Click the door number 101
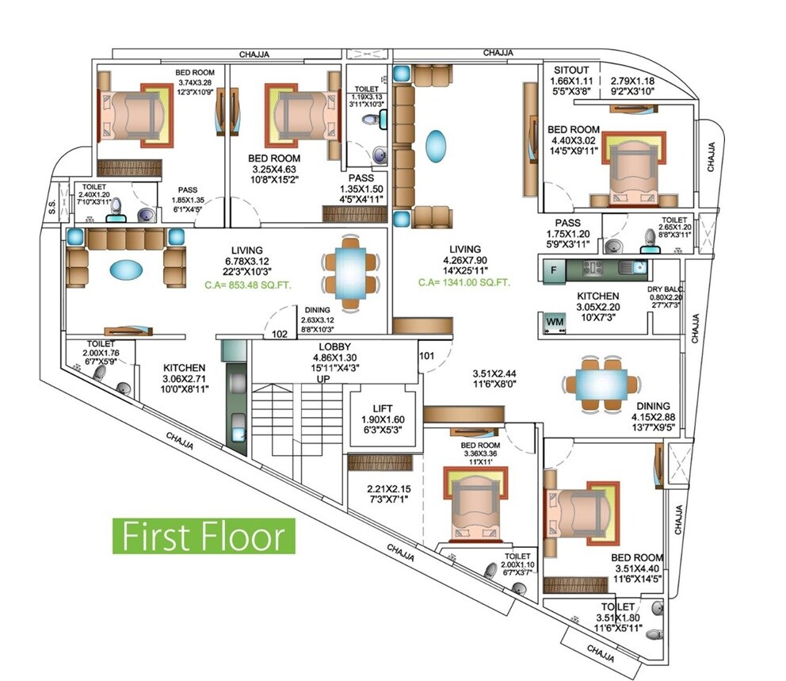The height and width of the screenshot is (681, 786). pos(426,355)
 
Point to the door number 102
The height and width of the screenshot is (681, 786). pos(279,334)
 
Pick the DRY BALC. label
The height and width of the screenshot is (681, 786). pos(665,289)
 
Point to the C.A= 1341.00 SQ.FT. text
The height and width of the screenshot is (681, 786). pos(465,281)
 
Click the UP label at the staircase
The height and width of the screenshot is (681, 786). pos(323,380)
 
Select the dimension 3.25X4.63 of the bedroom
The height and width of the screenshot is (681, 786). pos(273,170)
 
